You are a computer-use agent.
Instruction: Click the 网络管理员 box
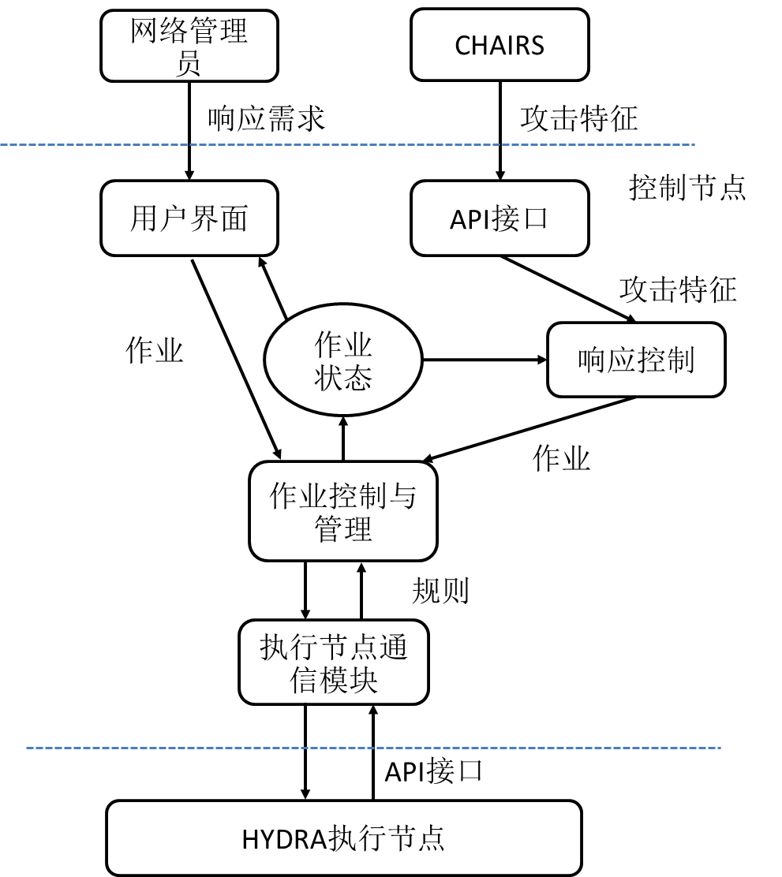point(189,46)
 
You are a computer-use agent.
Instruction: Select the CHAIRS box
point(500,45)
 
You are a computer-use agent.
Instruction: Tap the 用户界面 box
point(189,218)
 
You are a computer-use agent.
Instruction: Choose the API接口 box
point(500,218)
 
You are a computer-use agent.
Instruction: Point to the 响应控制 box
point(636,360)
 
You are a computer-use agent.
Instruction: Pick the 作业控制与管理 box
point(343,511)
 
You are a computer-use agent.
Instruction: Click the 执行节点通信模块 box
point(334,662)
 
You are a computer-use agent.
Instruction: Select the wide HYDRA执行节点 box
point(344,838)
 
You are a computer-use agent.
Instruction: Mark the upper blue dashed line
point(347,145)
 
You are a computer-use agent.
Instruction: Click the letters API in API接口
point(470,220)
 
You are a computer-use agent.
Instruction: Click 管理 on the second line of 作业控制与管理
point(343,528)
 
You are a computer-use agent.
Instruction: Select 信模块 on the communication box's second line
point(334,680)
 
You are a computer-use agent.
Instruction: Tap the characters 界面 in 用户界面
point(219,218)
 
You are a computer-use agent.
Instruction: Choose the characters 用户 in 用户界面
point(159,218)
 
